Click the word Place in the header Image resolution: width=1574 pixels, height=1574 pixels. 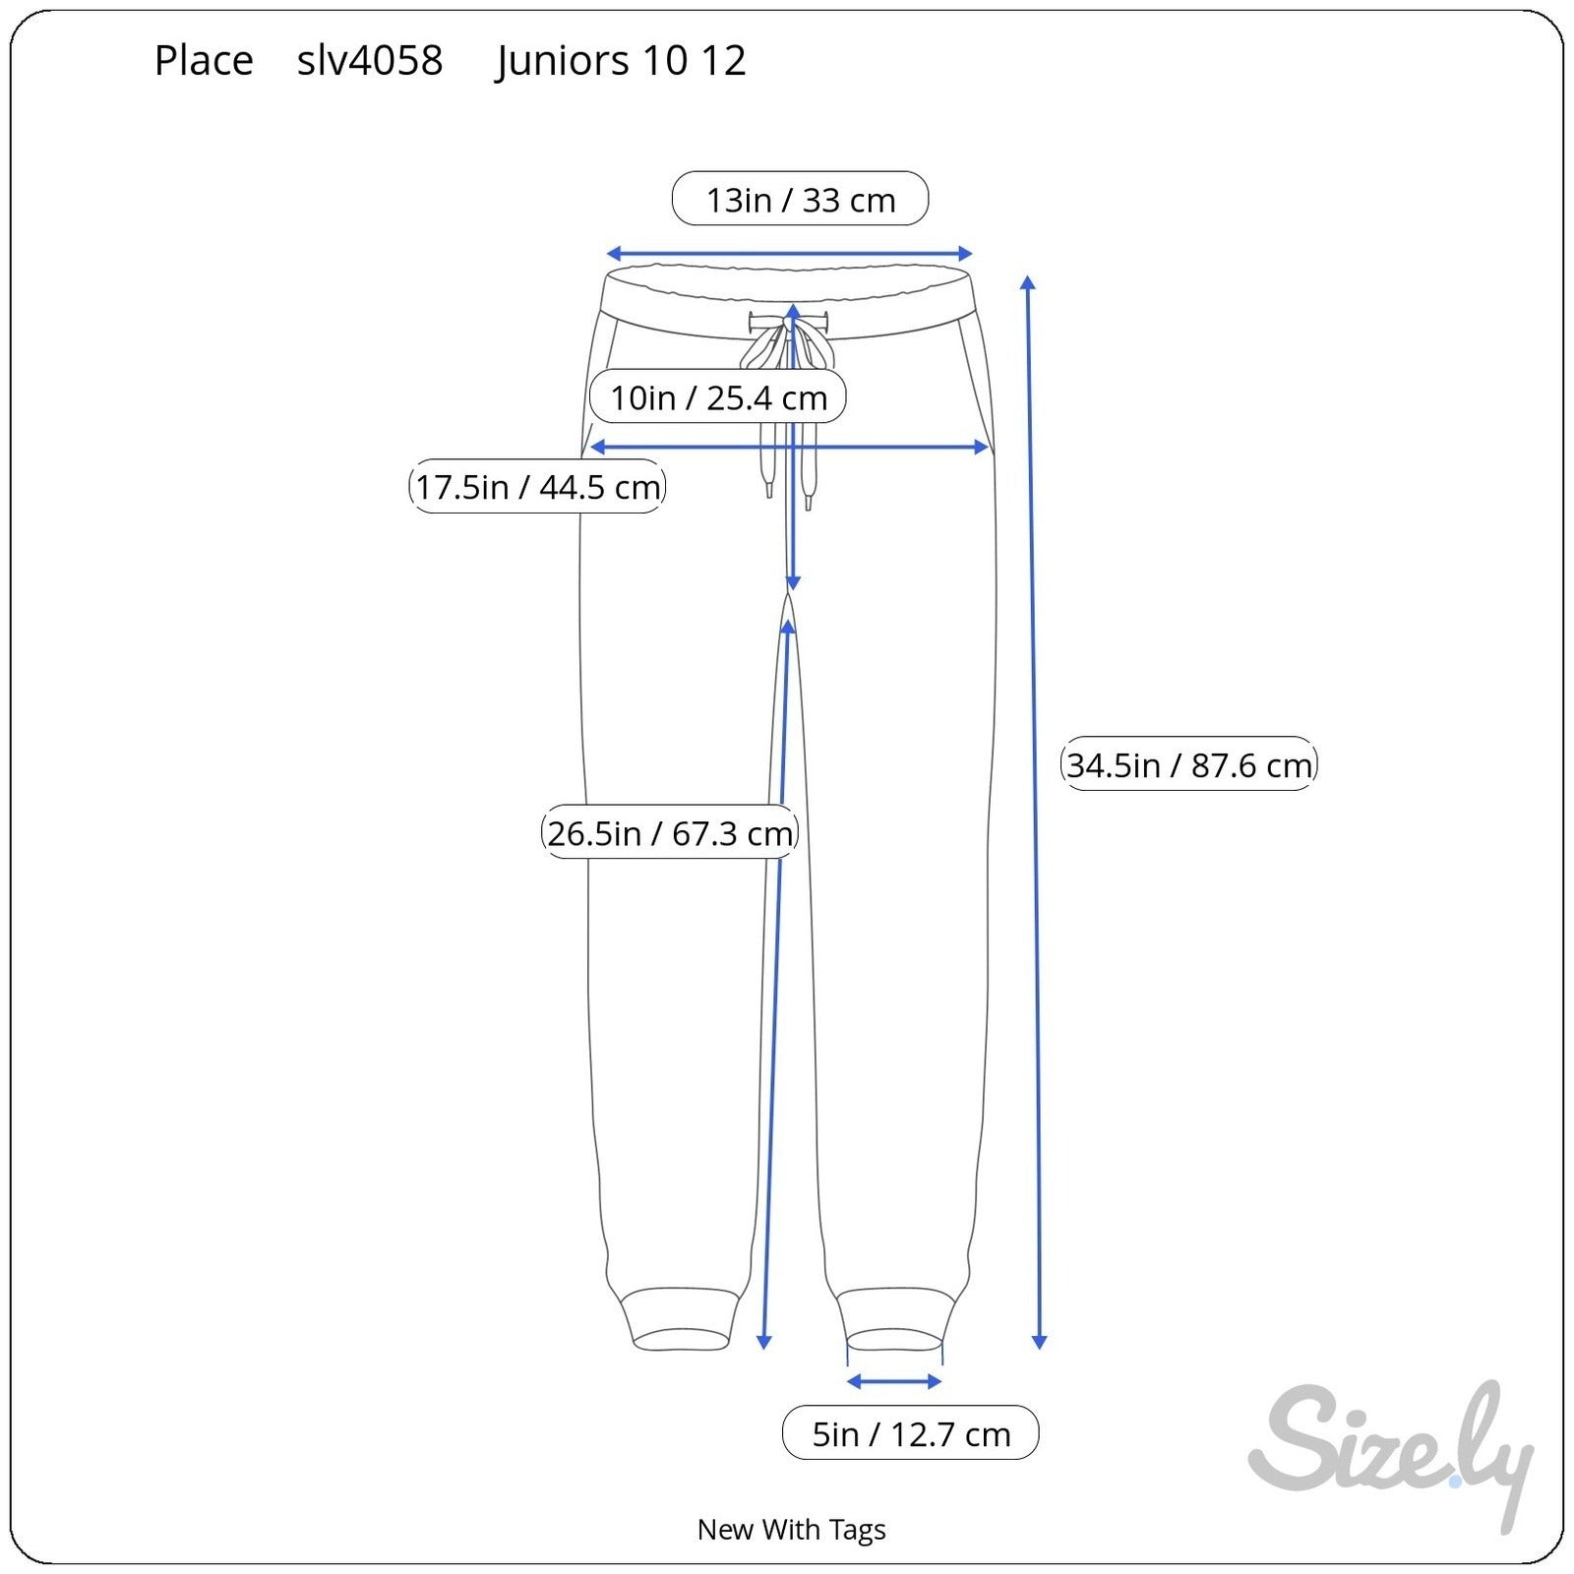[x=204, y=61]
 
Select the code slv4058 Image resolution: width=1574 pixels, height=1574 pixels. [x=370, y=61]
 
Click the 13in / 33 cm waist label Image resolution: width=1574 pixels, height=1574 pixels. [x=800, y=199]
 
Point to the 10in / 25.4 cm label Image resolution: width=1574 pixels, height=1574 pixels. [x=718, y=397]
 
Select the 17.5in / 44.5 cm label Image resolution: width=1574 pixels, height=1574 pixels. [x=537, y=486]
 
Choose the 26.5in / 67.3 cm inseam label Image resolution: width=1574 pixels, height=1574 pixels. [x=670, y=832]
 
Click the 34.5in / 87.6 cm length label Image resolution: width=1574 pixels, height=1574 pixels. [x=1189, y=763]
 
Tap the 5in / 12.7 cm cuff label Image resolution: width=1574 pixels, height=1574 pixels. [x=911, y=1433]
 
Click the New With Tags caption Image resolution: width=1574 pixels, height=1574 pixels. [x=791, y=1529]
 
